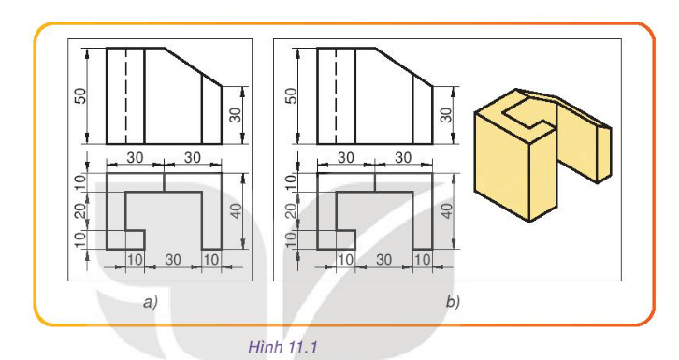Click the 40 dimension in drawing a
[239, 210]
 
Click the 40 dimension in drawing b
[450, 210]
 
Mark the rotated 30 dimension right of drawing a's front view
[237, 114]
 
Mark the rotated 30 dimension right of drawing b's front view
[446, 114]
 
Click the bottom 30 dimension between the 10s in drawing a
[173, 258]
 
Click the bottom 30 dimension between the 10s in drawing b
[383, 258]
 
